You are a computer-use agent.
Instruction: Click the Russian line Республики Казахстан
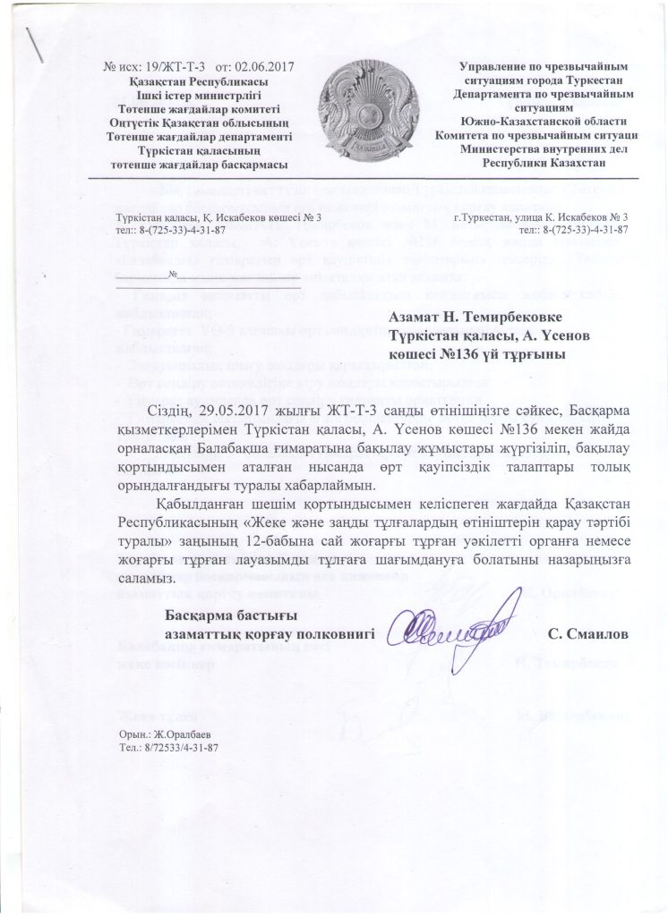point(544,164)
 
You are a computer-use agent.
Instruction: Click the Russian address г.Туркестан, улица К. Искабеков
point(541,218)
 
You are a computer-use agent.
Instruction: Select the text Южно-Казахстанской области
point(544,122)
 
